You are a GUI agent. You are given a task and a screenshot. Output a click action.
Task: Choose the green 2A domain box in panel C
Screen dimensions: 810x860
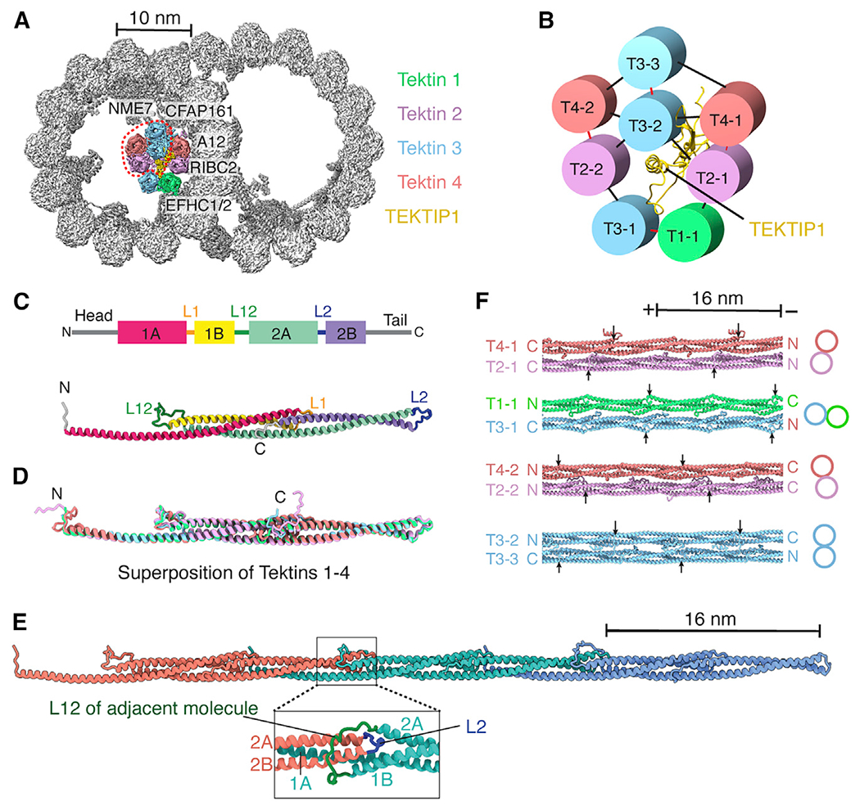pyautogui.click(x=282, y=331)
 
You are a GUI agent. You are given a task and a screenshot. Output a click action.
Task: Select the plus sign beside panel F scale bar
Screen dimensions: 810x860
pyautogui.click(x=650, y=309)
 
